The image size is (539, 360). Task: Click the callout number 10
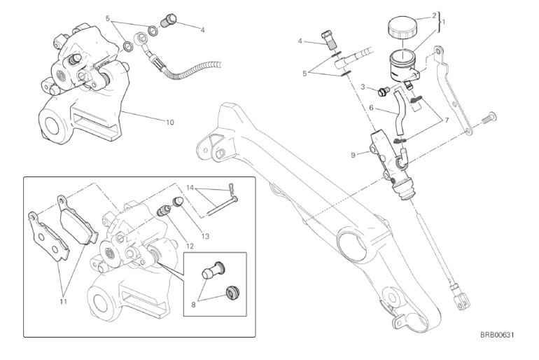pos(170,122)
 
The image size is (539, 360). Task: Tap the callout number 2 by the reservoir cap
pos(435,15)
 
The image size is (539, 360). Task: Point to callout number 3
pos(365,87)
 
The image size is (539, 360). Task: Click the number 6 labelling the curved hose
pos(372,109)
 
